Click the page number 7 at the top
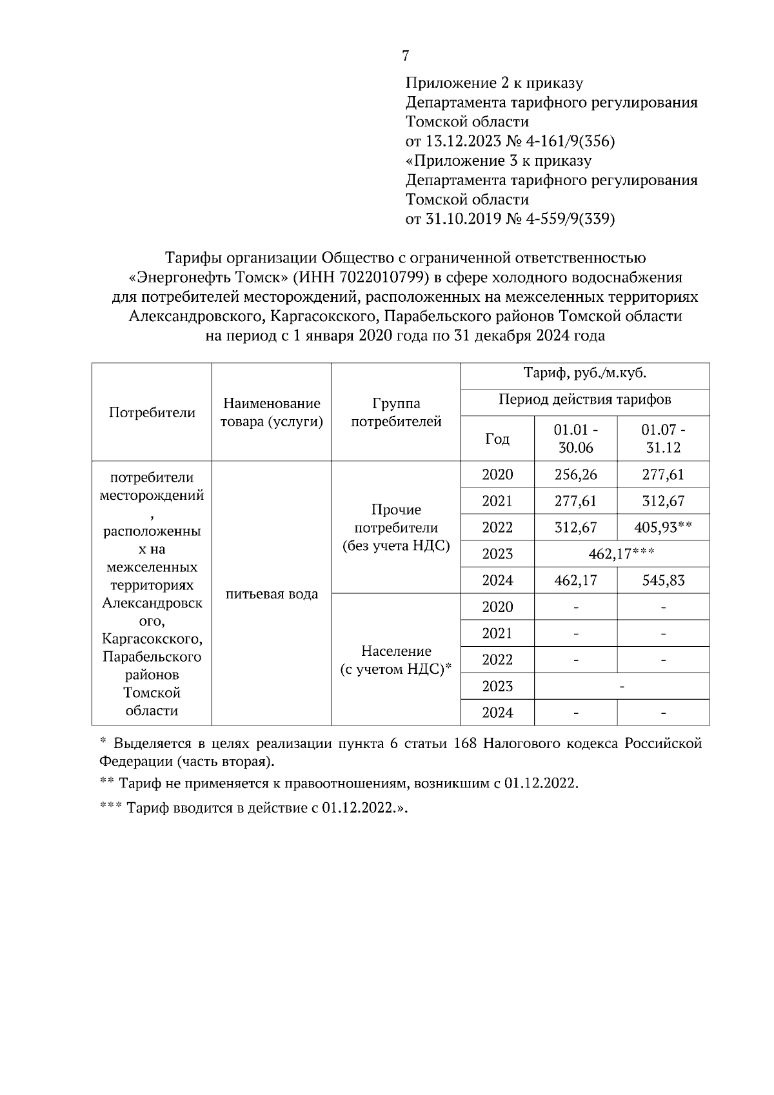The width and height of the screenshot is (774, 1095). [405, 56]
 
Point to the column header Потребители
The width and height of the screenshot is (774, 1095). [152, 413]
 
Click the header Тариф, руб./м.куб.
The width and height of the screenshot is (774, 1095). [584, 373]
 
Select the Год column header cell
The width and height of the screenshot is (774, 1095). [497, 439]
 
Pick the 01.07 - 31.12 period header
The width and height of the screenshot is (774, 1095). [663, 439]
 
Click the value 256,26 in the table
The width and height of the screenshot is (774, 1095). [575, 475]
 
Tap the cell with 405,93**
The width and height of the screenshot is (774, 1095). [663, 528]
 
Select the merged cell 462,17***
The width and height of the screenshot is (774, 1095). [622, 554]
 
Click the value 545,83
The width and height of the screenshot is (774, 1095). [663, 580]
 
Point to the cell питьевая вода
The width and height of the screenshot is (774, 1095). [272, 594]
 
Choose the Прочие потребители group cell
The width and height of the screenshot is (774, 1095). [396, 528]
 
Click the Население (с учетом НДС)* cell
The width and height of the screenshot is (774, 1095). [396, 660]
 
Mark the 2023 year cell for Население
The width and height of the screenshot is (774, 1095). [497, 686]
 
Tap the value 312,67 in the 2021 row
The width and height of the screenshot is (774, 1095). [663, 501]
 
